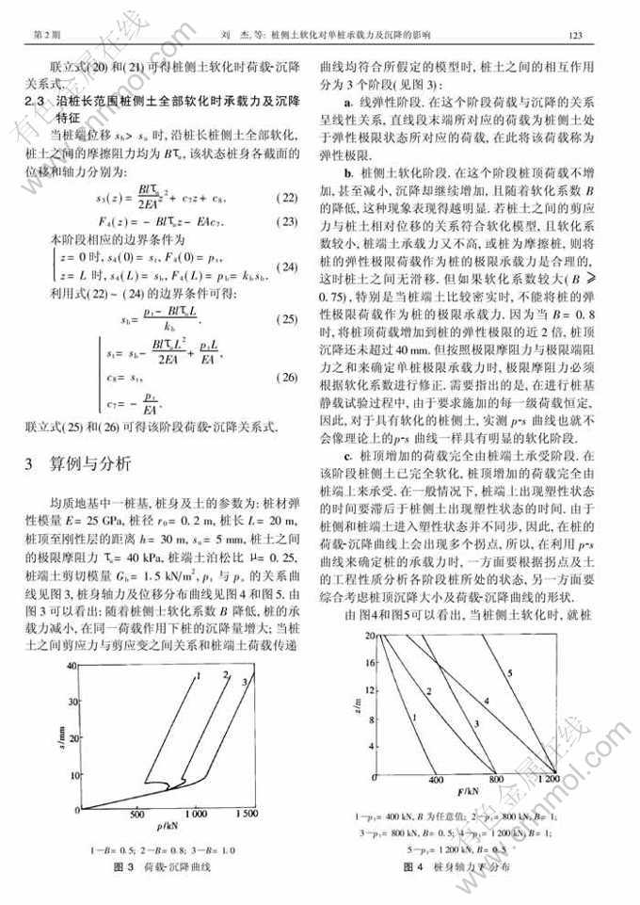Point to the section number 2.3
(x=35, y=98)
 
